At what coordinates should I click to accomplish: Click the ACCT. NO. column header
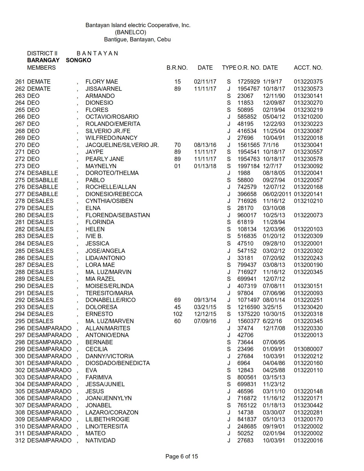308,68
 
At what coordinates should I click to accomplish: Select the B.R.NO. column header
177,68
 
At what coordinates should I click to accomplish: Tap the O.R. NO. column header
249,68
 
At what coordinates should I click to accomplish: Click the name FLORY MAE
102,82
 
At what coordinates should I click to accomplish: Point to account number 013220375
308,82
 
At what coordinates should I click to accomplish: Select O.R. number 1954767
248,89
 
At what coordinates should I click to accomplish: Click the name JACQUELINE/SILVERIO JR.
122,145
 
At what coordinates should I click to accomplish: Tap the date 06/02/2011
277,194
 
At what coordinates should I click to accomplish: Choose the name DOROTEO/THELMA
112,173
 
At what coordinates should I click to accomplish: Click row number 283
20,236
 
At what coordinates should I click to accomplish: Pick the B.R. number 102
177,314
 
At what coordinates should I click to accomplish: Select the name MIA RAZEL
100,279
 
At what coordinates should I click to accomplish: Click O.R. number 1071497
248,300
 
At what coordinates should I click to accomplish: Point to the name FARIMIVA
99,377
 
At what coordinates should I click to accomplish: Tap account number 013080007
308,349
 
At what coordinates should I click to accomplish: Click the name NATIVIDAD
100,440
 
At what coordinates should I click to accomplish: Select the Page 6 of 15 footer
182,456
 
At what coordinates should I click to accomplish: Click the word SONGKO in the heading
79,60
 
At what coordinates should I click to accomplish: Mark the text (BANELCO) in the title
130,32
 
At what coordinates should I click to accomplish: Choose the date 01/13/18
205,166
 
